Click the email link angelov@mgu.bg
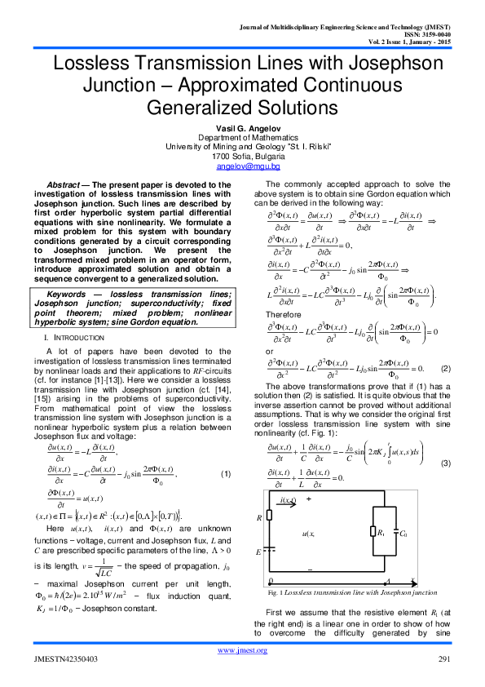[x=242, y=166]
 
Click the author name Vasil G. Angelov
[x=242, y=130]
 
